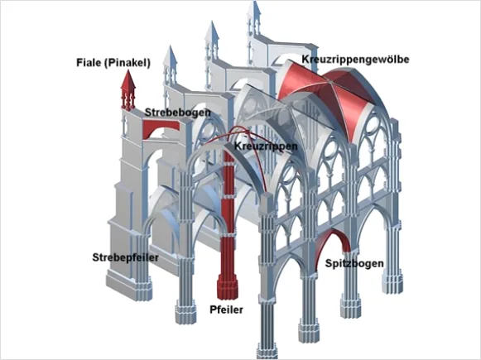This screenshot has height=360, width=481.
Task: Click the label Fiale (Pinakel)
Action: point(113,63)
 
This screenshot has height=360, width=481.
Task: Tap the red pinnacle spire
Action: point(128,90)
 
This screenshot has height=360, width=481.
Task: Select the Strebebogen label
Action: point(178,113)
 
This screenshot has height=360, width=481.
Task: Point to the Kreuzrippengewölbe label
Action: point(355,60)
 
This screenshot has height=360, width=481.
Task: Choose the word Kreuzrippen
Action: point(266,146)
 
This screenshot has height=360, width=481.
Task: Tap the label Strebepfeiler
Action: point(126,257)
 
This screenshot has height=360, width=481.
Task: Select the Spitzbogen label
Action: point(354,263)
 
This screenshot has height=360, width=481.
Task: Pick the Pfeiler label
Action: point(226,310)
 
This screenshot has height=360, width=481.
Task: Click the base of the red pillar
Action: point(228,286)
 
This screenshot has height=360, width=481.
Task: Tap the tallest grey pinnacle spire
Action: point(254,19)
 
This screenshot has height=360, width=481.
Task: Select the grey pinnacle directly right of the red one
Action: point(170,66)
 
